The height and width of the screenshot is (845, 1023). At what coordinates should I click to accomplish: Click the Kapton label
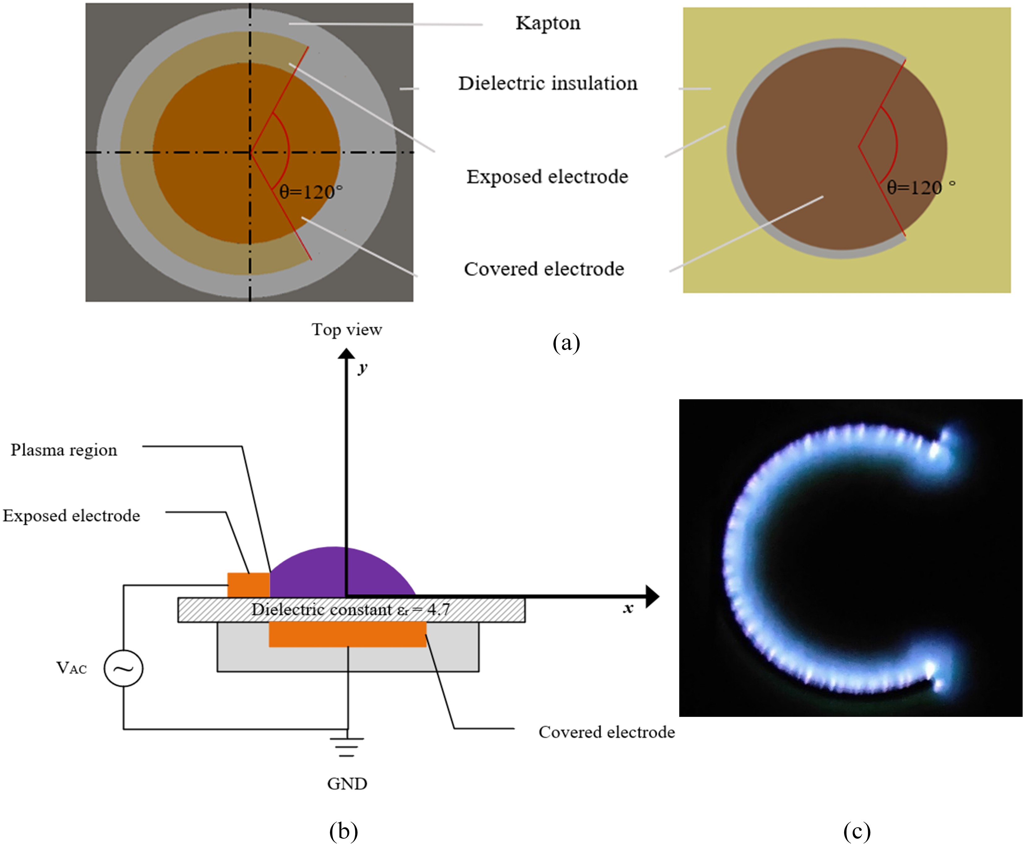tap(548, 23)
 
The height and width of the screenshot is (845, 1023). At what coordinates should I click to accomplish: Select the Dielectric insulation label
tap(548, 83)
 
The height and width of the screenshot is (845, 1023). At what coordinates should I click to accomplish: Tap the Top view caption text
tap(346, 330)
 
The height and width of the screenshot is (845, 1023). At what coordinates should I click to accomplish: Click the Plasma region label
tap(64, 450)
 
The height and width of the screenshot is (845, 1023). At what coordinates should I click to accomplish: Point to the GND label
tap(346, 784)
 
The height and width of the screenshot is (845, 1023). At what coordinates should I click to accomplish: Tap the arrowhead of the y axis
tap(346, 354)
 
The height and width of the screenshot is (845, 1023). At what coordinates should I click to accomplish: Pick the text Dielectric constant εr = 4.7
tap(350, 610)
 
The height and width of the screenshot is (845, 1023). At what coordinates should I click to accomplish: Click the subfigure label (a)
tap(566, 343)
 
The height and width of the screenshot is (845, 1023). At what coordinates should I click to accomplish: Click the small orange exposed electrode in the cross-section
tap(248, 584)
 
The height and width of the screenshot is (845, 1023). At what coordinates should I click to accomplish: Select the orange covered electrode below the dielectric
tap(347, 634)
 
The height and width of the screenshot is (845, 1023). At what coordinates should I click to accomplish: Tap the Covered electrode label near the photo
tap(606, 732)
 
